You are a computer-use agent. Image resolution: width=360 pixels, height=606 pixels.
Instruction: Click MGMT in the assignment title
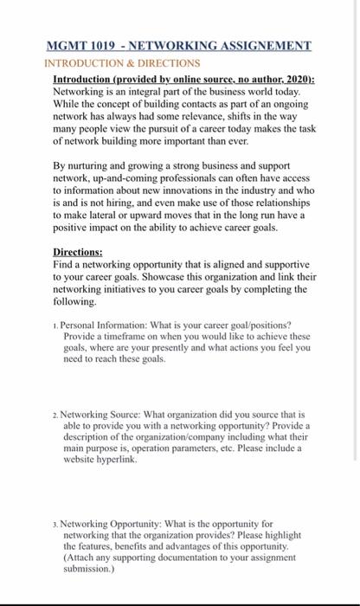point(70,44)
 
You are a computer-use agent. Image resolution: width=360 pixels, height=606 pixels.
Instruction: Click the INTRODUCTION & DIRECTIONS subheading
point(122,63)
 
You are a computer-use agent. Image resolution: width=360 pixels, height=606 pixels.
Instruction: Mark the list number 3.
point(55,525)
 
